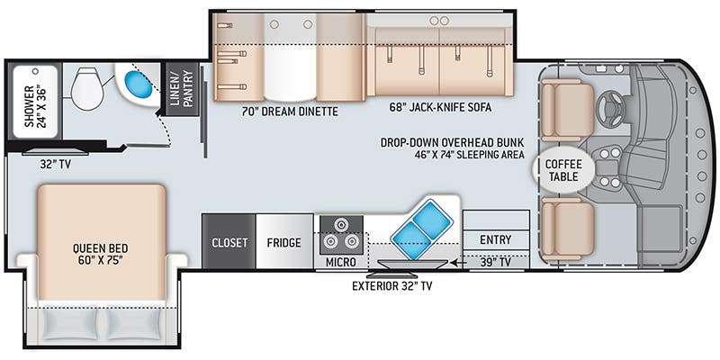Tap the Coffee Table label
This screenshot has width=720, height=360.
click(x=563, y=170)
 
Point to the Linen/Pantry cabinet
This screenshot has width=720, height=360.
click(x=183, y=88)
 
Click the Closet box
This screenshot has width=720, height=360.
click(x=229, y=242)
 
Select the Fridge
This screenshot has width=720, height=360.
click(x=284, y=242)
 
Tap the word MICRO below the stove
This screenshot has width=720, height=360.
click(x=341, y=262)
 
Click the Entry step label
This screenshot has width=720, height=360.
click(x=496, y=239)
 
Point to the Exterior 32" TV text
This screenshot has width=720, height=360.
click(x=391, y=286)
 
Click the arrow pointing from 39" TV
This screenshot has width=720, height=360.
click(x=456, y=263)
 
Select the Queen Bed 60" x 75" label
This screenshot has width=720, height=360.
click(x=101, y=254)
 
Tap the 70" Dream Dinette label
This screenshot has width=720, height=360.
click(x=290, y=111)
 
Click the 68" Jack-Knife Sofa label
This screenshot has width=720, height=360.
click(x=440, y=107)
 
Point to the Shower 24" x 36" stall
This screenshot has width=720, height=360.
click(x=35, y=102)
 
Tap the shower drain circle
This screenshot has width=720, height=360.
click(x=35, y=72)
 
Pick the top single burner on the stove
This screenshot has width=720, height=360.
click(x=341, y=224)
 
